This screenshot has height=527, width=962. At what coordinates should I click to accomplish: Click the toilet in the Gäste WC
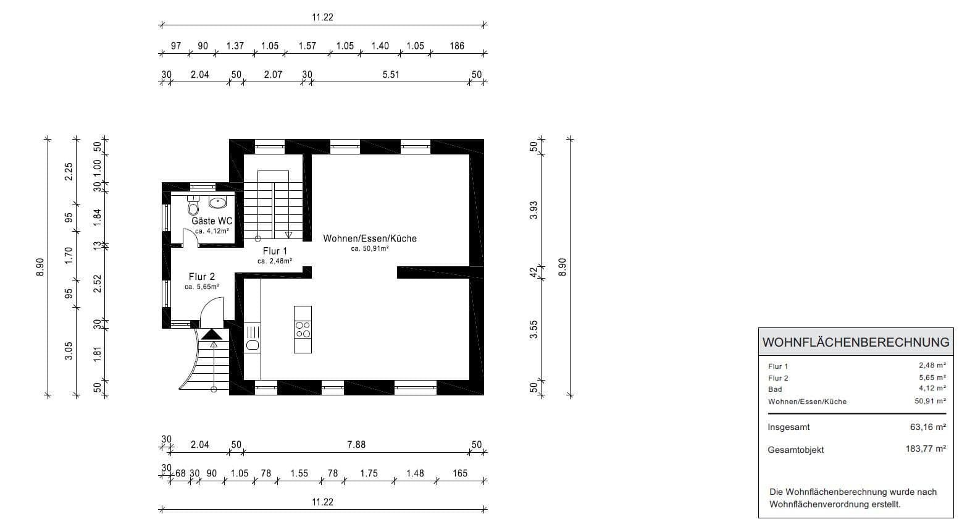point(193,206)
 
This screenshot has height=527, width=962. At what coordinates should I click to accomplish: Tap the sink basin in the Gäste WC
point(217,202)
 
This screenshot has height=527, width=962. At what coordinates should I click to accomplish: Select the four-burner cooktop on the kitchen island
point(303,329)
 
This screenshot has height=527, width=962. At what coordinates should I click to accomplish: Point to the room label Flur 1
point(275,251)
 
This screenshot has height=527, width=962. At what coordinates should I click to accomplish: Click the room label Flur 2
point(202,277)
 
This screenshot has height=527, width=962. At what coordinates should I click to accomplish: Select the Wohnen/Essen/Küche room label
point(370,238)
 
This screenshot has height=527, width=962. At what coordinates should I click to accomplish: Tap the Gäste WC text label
point(212,221)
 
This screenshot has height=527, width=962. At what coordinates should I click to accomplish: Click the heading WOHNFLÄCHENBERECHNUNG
point(856,342)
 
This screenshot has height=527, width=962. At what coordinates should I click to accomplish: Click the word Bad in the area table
point(775,389)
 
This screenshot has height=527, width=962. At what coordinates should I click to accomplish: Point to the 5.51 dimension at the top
point(391,75)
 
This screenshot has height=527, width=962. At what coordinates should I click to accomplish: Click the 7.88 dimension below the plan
point(356,445)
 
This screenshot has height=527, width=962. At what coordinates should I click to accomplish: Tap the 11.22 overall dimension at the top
point(322,17)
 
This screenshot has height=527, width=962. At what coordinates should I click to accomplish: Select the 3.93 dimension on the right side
point(534,210)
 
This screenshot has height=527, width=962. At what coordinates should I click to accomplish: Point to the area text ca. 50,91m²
point(370,249)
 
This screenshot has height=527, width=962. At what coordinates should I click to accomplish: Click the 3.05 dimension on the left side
point(69,350)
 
